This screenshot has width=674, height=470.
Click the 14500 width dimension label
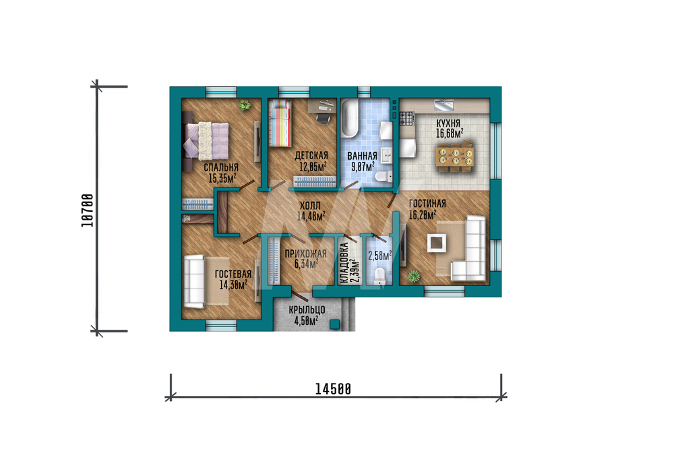[333, 389]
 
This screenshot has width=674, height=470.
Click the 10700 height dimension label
[87, 210]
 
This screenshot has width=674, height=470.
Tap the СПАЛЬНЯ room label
[221, 167]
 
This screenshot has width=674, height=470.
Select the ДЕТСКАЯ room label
[311, 155]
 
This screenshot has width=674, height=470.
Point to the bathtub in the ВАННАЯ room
[349, 118]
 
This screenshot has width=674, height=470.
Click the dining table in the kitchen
[455, 156]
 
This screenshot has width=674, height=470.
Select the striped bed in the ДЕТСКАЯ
[280, 123]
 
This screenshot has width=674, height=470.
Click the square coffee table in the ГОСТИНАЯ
[436, 243]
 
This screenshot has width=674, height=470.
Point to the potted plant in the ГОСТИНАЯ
[414, 276]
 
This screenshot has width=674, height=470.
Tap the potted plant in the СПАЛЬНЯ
[245, 105]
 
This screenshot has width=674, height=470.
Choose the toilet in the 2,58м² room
[379, 276]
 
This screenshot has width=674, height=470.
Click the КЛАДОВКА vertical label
[344, 263]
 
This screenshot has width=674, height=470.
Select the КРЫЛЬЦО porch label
[307, 310]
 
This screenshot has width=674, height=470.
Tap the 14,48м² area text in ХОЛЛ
[311, 216]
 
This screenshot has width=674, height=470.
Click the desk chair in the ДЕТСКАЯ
[324, 116]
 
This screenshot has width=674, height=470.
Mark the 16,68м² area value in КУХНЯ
[450, 134]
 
